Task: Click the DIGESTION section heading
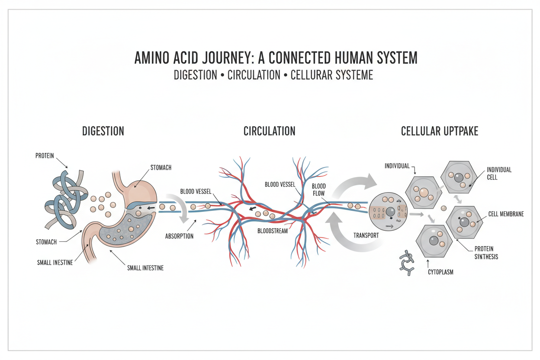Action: point(103,131)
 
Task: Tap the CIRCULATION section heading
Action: point(269,131)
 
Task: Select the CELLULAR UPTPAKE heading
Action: point(440,131)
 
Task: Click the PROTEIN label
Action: point(45,156)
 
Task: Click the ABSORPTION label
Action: point(179,236)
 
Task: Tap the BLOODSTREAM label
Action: point(272,231)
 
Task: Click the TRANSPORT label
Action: point(366,236)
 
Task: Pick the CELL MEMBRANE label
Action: point(506,214)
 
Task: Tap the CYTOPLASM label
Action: point(440,273)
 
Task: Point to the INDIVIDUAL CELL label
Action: point(499,174)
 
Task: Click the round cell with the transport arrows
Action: point(388,212)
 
